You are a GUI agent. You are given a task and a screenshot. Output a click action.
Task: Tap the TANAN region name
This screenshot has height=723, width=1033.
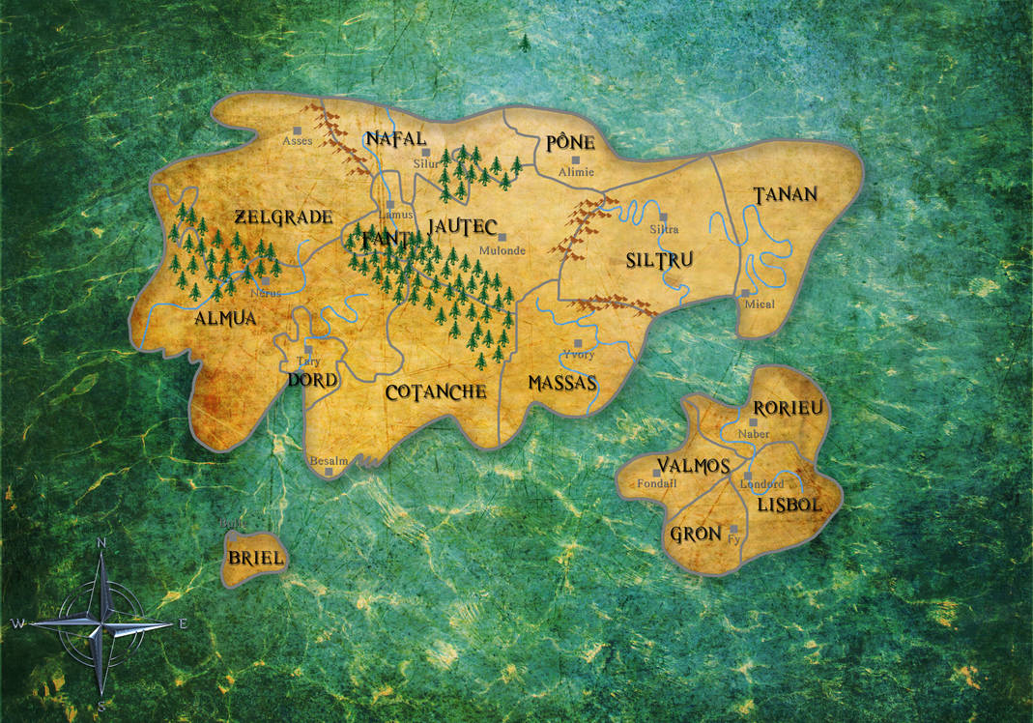click(785, 194)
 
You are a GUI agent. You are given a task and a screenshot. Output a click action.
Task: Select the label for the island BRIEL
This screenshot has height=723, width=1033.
click(255, 559)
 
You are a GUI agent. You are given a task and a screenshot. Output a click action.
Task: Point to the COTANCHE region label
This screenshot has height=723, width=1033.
click(435, 392)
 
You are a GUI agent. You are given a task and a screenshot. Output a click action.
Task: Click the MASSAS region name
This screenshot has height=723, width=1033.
click(562, 384)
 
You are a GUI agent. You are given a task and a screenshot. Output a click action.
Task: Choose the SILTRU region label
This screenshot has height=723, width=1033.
click(660, 260)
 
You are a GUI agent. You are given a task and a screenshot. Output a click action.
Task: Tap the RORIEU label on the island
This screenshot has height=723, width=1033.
click(788, 408)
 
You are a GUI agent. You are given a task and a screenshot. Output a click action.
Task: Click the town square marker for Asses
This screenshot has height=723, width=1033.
click(298, 129)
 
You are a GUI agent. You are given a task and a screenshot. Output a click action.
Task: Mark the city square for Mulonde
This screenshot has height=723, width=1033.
click(502, 237)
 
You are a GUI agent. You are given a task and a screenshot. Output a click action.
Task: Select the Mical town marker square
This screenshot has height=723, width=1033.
click(745, 292)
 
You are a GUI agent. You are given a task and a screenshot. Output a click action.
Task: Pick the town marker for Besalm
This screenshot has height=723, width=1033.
click(330, 473)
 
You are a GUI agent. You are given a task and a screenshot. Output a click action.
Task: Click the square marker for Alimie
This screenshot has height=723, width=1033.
click(575, 159)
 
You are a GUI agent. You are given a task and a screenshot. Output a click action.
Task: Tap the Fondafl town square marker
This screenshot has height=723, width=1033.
click(657, 473)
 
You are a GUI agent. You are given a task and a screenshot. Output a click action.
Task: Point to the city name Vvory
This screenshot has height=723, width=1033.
click(579, 355)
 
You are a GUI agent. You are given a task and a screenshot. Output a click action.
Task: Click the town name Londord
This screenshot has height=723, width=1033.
click(761, 484)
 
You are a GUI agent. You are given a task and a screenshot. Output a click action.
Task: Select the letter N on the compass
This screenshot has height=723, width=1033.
click(100, 543)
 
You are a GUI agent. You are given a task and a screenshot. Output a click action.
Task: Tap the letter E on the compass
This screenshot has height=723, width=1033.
click(183, 623)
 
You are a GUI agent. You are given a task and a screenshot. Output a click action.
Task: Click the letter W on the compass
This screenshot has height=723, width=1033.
click(17, 623)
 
